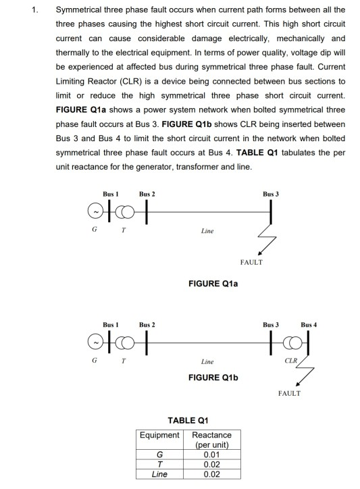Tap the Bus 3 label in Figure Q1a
pyautogui.click(x=272, y=193)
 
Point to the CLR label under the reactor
pyautogui.click(x=291, y=363)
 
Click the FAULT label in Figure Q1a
pyautogui.click(x=251, y=261)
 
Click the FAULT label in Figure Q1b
pyautogui.click(x=288, y=392)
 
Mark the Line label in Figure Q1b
pyautogui.click(x=207, y=363)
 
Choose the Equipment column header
pyautogui.click(x=159, y=435)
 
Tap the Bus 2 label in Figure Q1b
pyautogui.click(x=147, y=326)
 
